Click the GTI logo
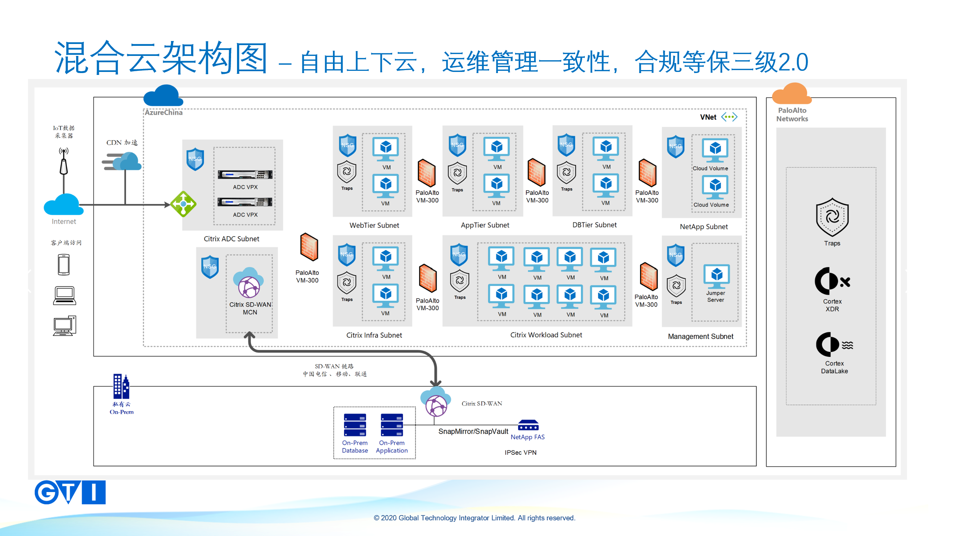(x=70, y=492)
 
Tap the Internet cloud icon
(x=63, y=205)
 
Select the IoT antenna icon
(x=64, y=162)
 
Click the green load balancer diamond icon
(x=183, y=204)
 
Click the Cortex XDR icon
(x=832, y=281)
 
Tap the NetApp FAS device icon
(x=528, y=425)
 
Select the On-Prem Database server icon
(x=355, y=425)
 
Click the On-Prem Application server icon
(x=392, y=425)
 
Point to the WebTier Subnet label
(x=374, y=225)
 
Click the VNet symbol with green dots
(x=729, y=117)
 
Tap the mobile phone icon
(x=64, y=265)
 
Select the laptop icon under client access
(x=65, y=296)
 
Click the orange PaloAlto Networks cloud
(x=792, y=94)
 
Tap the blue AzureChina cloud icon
(x=163, y=96)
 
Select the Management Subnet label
(x=700, y=336)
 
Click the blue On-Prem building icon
(x=121, y=387)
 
